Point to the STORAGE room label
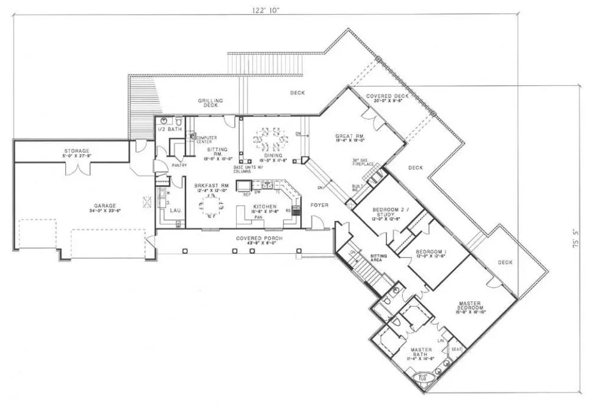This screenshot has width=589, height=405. click(x=78, y=151)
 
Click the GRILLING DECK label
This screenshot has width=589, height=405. click(x=210, y=102)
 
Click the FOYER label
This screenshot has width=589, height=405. click(x=319, y=206)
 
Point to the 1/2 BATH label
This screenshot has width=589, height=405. click(x=167, y=129)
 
